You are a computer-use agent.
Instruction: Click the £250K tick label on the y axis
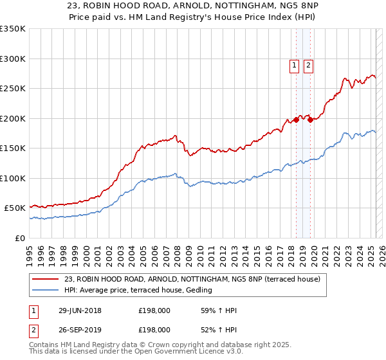(x=13, y=88)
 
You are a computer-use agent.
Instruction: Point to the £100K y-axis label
(x=13, y=178)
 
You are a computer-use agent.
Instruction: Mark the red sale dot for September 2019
(x=310, y=119)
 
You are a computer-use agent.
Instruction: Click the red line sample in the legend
(x=45, y=278)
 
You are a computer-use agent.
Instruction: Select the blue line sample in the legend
(x=45, y=290)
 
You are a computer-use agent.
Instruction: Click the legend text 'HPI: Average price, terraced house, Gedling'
(x=138, y=290)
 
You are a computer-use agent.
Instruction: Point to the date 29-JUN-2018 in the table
(x=80, y=311)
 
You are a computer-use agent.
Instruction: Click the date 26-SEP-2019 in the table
(x=80, y=329)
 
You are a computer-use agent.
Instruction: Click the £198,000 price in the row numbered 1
(x=154, y=311)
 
